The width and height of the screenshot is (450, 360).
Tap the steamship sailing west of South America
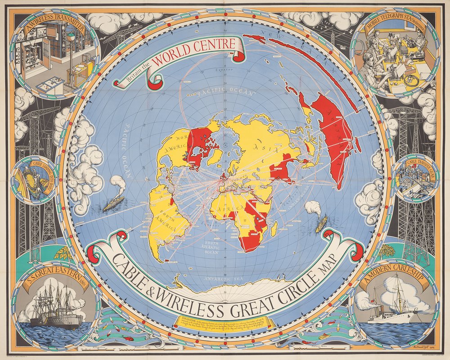coord(113,202)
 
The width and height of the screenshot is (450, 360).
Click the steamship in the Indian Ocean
coord(321,224)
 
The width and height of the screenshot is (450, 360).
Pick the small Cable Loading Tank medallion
coord(34,179)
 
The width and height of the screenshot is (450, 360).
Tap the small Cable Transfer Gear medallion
coord(415,177)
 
